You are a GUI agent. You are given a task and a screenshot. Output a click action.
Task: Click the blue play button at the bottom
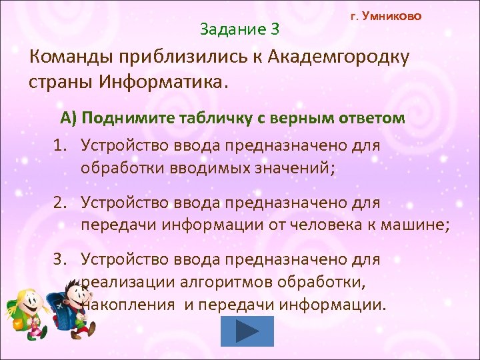247,331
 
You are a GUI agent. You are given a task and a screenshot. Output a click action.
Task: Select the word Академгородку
339,57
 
